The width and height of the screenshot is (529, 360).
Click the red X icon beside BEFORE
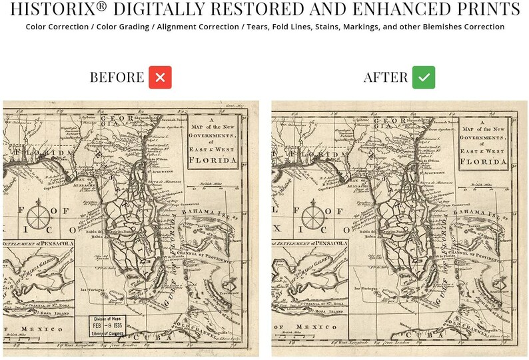(x=160, y=77)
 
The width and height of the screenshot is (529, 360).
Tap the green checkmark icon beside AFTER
(x=423, y=77)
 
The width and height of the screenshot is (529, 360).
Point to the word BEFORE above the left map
(x=117, y=77)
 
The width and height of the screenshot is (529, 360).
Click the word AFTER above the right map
(x=385, y=77)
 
